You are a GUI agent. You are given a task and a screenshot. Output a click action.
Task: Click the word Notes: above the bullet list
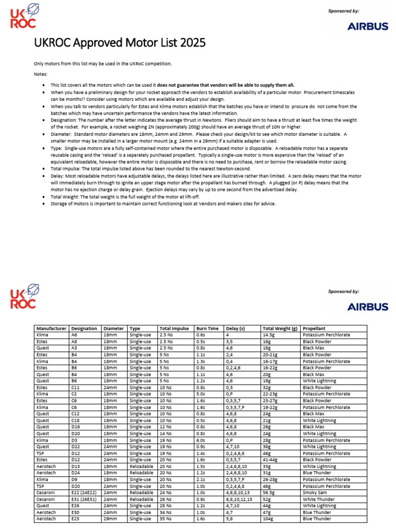(40, 74)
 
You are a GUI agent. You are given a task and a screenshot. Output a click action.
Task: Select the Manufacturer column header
(51, 328)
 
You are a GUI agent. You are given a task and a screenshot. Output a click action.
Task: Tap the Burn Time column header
(208, 328)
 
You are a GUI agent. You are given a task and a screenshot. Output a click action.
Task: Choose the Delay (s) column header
(236, 328)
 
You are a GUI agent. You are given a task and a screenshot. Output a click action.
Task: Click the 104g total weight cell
(269, 519)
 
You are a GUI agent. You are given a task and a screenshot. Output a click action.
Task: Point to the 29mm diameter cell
(110, 519)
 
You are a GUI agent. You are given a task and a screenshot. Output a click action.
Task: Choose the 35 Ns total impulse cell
(166, 519)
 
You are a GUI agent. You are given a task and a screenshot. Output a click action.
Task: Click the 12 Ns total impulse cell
(166, 427)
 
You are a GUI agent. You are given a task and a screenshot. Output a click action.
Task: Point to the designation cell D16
(76, 427)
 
